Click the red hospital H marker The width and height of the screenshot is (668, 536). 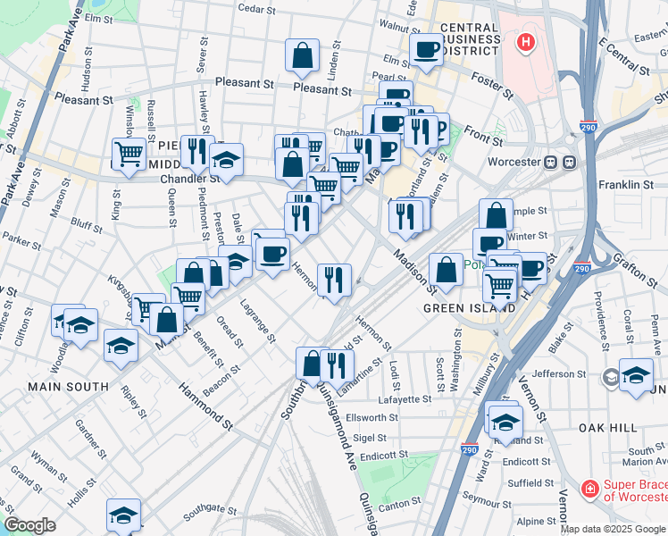pos(526,41)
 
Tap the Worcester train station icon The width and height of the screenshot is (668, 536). pos(560,163)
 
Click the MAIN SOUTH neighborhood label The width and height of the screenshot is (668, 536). pos(68,387)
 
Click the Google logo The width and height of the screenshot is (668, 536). pos(29,525)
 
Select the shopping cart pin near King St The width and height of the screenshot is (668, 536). pos(129,153)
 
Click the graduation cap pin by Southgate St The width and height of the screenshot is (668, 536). pos(123,514)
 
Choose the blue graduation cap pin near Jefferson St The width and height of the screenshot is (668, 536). pos(636,374)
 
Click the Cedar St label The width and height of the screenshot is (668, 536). pos(255,8)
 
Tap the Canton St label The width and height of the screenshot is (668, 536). pos(399,503)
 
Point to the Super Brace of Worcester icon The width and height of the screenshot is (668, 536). pos(589,489)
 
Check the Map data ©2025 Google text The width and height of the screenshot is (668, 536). pos(613,528)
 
